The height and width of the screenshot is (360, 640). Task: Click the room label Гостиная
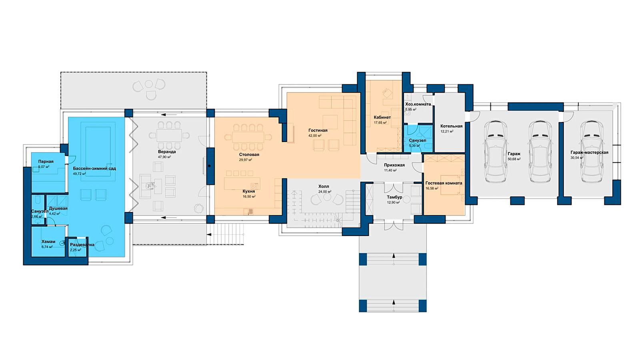pos(318,130)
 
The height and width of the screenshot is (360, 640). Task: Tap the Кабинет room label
pos(382,117)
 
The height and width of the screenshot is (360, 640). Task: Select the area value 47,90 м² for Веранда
pos(164,157)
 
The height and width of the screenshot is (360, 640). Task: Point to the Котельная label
pos(451,126)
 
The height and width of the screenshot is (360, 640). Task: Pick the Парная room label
pos(46,162)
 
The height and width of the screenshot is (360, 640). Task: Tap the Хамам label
pos(48,242)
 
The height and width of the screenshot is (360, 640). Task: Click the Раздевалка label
pos(82,244)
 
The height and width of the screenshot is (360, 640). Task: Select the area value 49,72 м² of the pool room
pos(80,174)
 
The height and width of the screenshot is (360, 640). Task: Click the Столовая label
pos(249,154)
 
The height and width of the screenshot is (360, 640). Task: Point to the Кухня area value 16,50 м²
pos(249,196)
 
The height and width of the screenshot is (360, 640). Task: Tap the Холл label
pos(324,186)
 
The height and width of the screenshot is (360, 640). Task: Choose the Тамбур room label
pos(394,197)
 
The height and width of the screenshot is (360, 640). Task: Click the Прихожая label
pos(394,165)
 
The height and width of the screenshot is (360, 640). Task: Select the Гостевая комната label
pos(444,183)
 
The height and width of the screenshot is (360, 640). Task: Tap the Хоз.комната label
pos(418,104)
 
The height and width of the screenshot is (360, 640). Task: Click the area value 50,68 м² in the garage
pos(514,159)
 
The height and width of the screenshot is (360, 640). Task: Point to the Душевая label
pos(58,208)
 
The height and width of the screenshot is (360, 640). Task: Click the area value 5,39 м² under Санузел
pos(414,146)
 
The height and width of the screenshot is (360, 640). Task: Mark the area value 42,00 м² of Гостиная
pos(315,136)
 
